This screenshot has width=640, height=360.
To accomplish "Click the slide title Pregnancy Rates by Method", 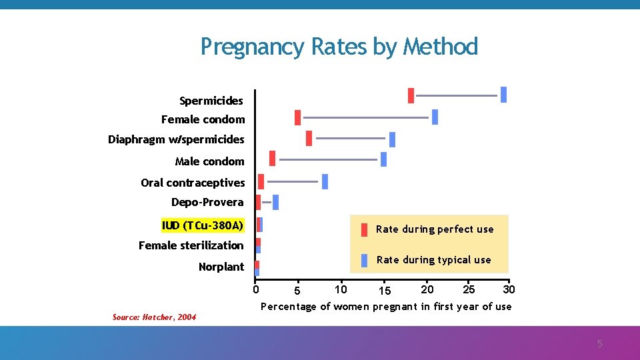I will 339,47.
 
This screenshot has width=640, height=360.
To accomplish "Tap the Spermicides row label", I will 211,101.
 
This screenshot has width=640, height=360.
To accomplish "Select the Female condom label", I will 203,120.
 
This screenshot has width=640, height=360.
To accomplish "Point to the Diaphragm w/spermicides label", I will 176,140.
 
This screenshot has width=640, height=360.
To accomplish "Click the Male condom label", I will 209,161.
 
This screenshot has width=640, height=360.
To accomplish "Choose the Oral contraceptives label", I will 193,183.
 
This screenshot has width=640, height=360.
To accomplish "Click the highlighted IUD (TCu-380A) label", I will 203,225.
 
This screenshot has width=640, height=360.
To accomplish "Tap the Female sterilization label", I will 191,245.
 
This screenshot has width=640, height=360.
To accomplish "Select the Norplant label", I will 221,267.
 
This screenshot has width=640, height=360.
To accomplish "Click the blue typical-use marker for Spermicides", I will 503,95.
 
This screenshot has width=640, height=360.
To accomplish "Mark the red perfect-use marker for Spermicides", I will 411,95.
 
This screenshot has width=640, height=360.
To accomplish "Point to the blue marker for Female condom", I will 435,117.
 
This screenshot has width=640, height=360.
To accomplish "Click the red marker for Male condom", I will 272,158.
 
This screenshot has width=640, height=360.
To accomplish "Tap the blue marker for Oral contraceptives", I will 325,181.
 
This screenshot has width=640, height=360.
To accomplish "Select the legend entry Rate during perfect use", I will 434,229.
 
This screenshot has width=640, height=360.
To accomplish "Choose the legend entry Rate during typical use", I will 433,260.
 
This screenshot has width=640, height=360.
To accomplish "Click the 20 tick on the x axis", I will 427,289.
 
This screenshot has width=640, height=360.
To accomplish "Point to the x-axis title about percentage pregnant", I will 385,307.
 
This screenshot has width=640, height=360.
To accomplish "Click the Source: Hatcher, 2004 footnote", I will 154,317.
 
